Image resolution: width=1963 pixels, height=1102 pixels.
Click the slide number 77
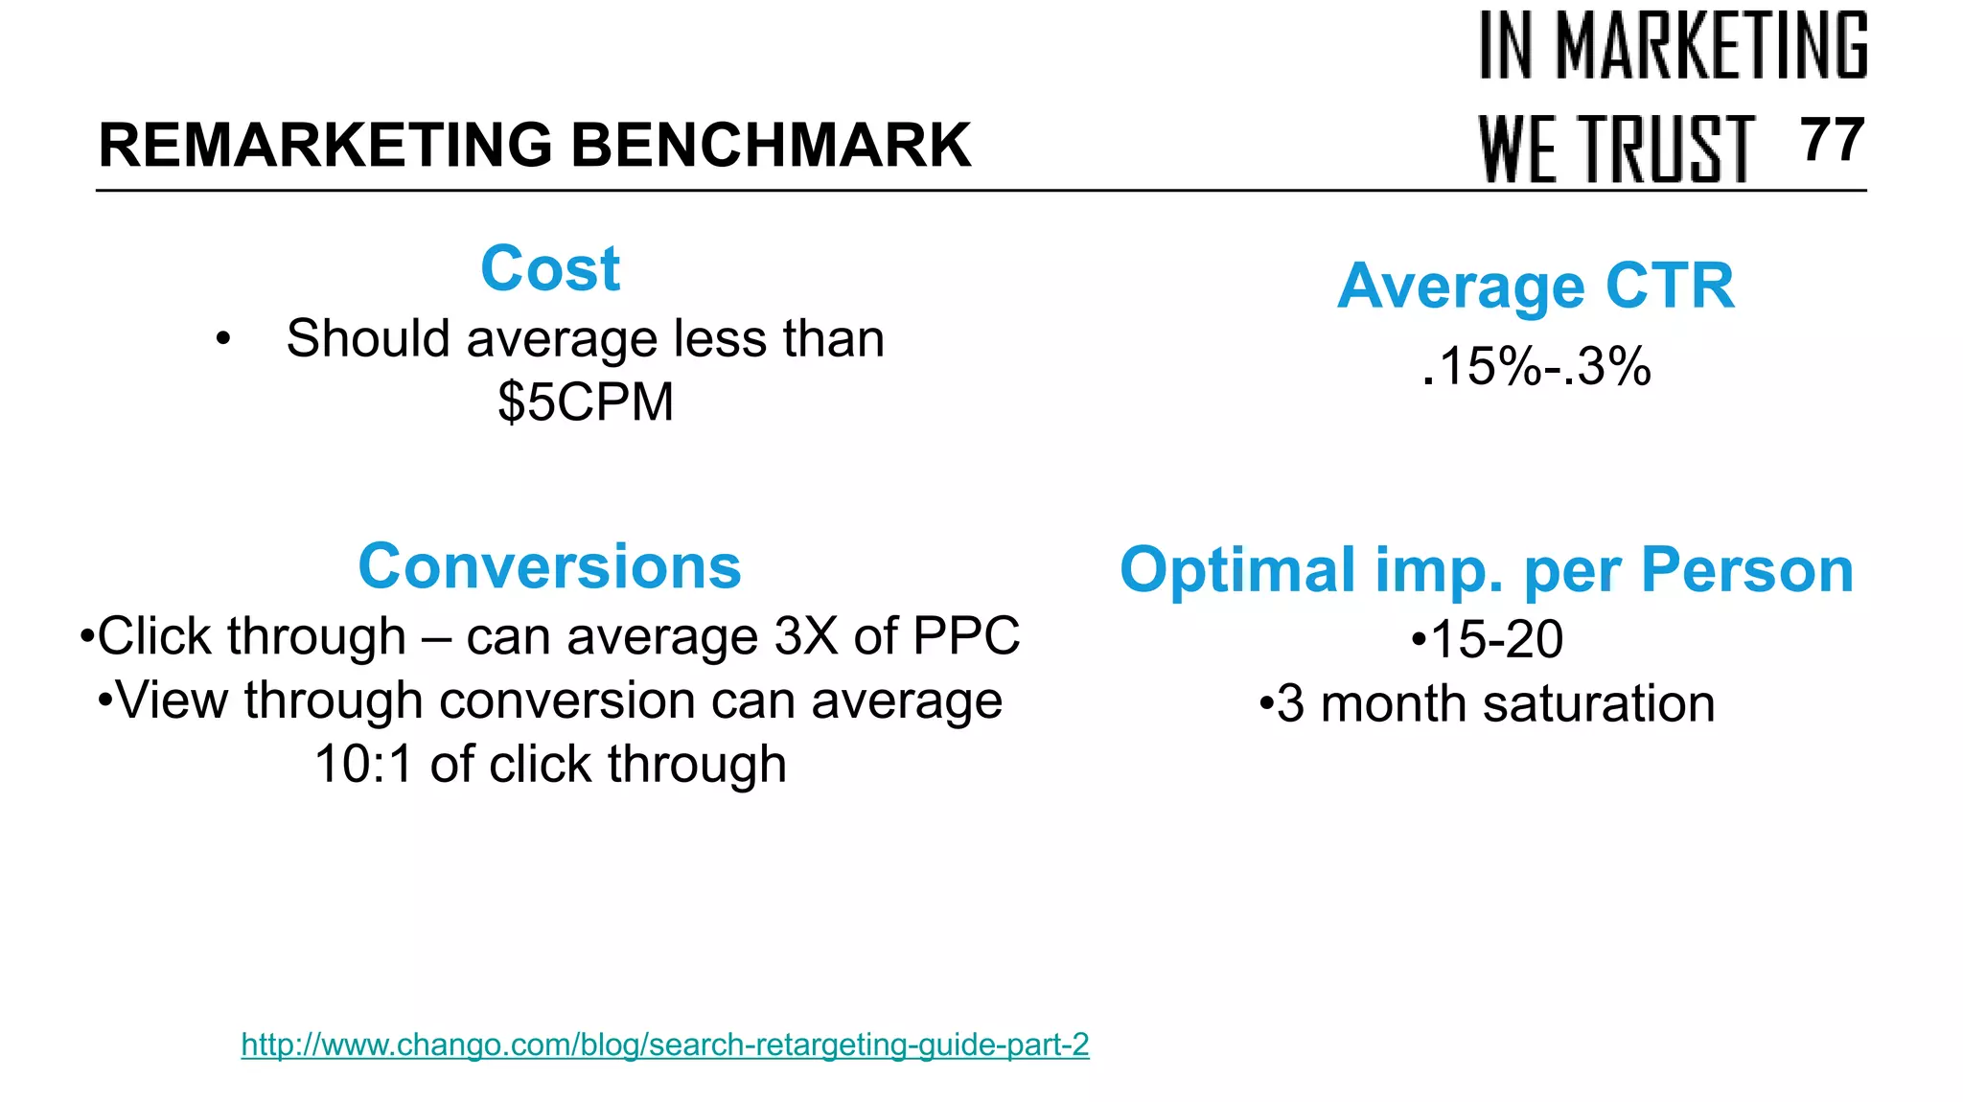pyautogui.click(x=1832, y=141)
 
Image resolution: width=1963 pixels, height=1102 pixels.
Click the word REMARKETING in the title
pyautogui.click(x=325, y=146)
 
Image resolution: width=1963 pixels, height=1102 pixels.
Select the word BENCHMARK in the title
pyautogui.click(x=771, y=146)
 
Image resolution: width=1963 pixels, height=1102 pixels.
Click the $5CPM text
pyautogui.click(x=586, y=402)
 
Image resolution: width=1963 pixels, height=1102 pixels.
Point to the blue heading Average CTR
pyautogui.click(x=1536, y=286)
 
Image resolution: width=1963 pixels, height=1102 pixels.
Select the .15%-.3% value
pyautogui.click(x=1536, y=366)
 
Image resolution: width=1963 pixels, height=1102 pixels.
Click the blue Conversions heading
pyautogui.click(x=549, y=566)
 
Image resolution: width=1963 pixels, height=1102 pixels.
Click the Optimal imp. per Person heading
pyautogui.click(x=1487, y=570)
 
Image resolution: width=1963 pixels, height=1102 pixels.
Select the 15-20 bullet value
pyautogui.click(x=1495, y=639)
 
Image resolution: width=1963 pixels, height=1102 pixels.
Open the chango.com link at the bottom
pyautogui.click(x=664, y=1045)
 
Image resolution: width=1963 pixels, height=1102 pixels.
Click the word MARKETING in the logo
pyautogui.click(x=1711, y=46)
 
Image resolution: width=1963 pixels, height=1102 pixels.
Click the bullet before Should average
pyautogui.click(x=223, y=339)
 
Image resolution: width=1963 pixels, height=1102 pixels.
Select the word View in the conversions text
pyautogui.click(x=173, y=700)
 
